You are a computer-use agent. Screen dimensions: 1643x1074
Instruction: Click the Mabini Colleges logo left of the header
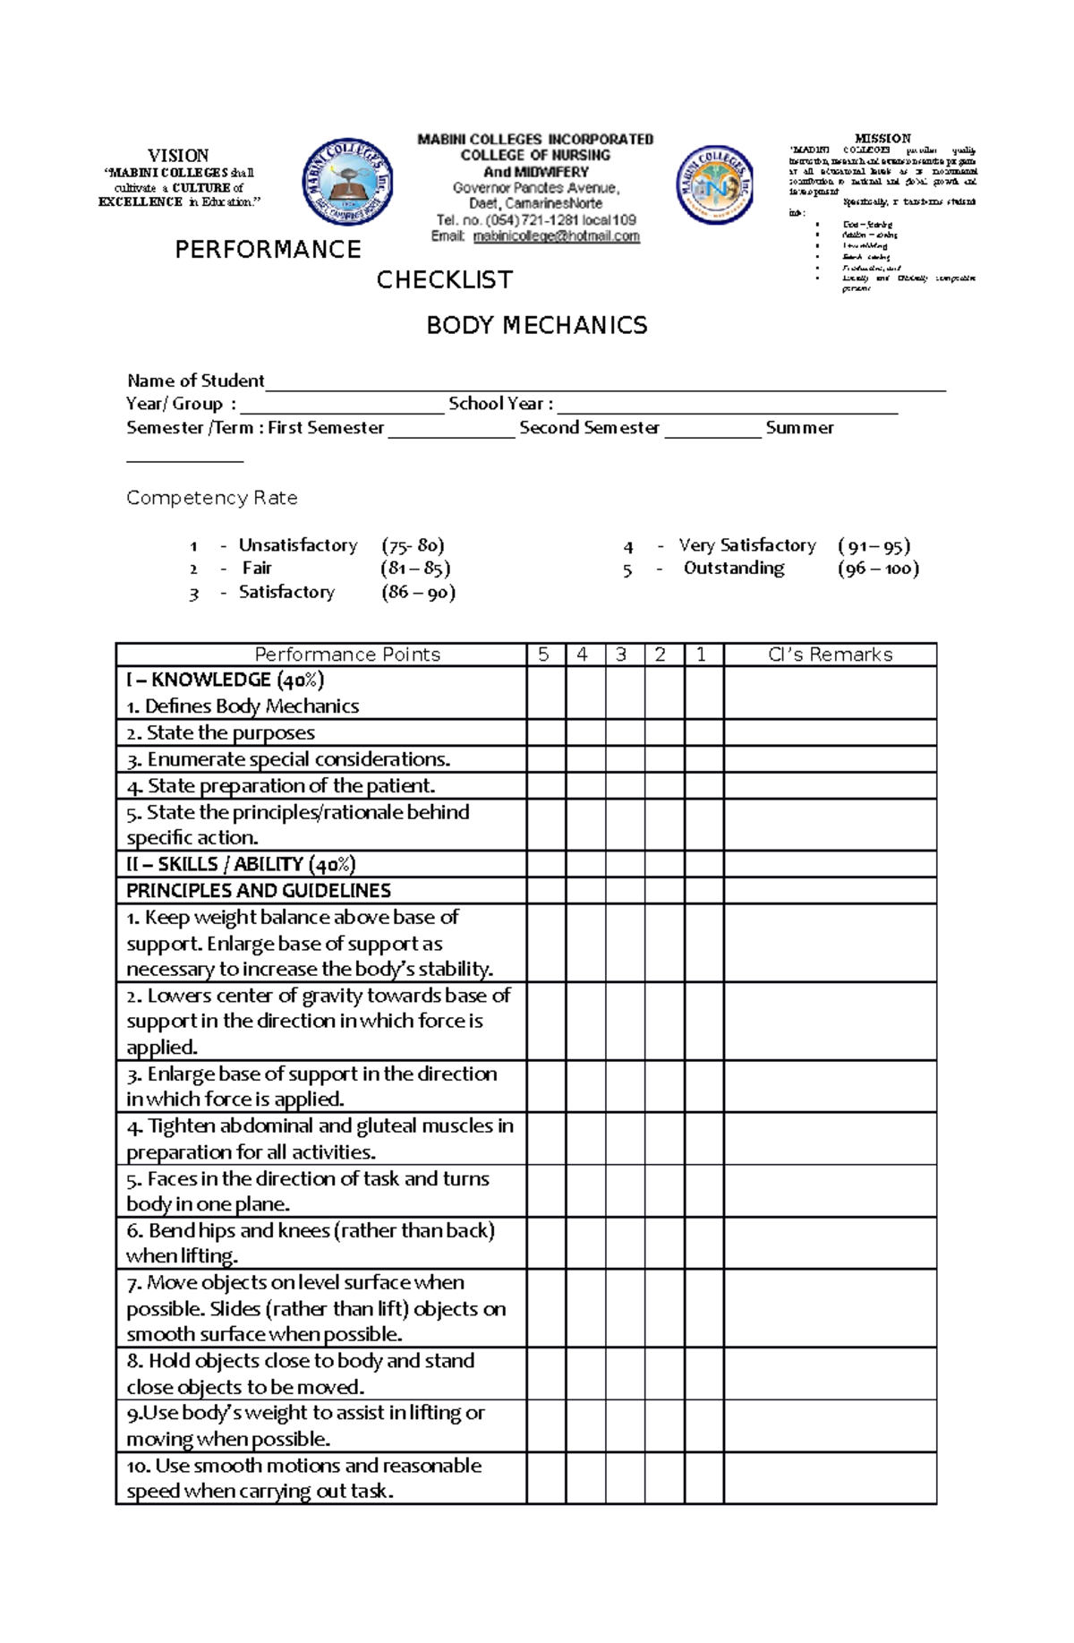tap(348, 184)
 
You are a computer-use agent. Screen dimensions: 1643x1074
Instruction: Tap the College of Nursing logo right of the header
tap(715, 185)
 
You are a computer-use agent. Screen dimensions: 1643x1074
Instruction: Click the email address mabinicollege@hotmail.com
tap(556, 236)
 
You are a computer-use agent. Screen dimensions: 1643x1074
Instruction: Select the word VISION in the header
tap(178, 156)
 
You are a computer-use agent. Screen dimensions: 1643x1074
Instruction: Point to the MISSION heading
tap(882, 139)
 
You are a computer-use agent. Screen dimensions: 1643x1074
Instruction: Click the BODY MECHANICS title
tap(536, 325)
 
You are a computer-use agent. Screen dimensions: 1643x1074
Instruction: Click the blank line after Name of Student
tap(605, 385)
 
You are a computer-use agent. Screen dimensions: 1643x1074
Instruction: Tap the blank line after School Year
tap(727, 408)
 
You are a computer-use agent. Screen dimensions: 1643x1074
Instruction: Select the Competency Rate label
tap(212, 498)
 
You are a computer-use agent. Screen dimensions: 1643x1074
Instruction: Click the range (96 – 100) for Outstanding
tap(878, 569)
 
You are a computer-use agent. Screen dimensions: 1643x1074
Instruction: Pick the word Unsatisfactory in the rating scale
tap(298, 545)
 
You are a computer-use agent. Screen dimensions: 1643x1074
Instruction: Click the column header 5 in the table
tap(544, 655)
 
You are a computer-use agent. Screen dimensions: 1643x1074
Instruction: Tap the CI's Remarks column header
tap(830, 655)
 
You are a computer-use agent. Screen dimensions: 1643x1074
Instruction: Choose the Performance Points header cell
tap(347, 655)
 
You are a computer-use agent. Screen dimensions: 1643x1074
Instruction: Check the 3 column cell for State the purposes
tap(625, 733)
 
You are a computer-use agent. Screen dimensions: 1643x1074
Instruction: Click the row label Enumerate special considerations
tap(288, 759)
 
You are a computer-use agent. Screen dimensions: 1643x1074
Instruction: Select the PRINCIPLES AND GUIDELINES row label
tap(259, 891)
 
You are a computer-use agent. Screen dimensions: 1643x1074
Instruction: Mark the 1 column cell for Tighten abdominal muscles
tap(703, 1138)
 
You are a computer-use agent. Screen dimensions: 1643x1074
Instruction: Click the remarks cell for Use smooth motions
tap(830, 1477)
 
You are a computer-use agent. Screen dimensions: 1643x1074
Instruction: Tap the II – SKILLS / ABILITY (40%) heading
tap(241, 864)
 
